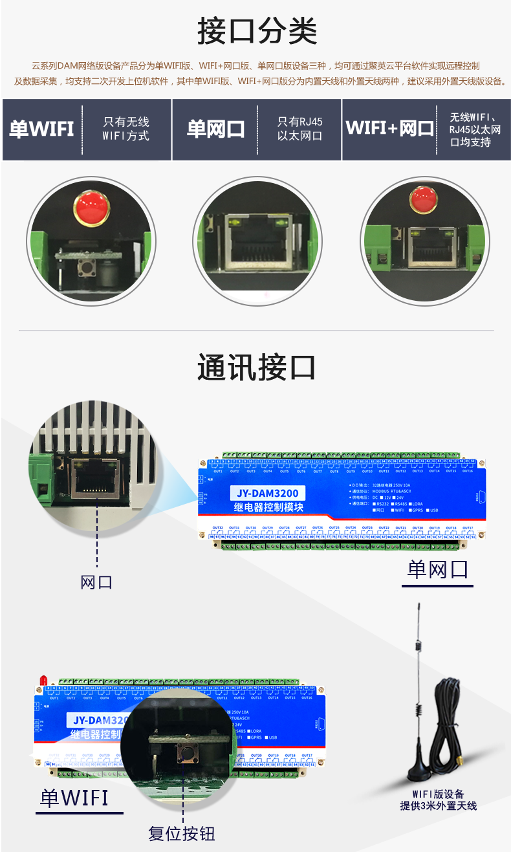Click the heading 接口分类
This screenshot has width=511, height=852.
[x=257, y=31]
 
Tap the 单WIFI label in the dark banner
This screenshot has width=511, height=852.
[x=41, y=129]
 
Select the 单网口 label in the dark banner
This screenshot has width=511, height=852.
[x=216, y=129]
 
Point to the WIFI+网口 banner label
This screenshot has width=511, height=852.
[x=389, y=128]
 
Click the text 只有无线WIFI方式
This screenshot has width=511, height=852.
[x=125, y=129]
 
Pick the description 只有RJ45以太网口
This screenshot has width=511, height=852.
[x=299, y=129]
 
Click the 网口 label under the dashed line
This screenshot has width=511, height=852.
[x=96, y=582]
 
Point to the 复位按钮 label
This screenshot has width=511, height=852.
[x=182, y=834]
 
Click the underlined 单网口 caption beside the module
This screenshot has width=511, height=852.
[x=437, y=569]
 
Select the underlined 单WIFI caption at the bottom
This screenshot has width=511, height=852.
[x=75, y=798]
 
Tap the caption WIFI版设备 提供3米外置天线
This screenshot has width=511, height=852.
[x=438, y=800]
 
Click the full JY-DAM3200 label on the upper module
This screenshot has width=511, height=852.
[x=267, y=494]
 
